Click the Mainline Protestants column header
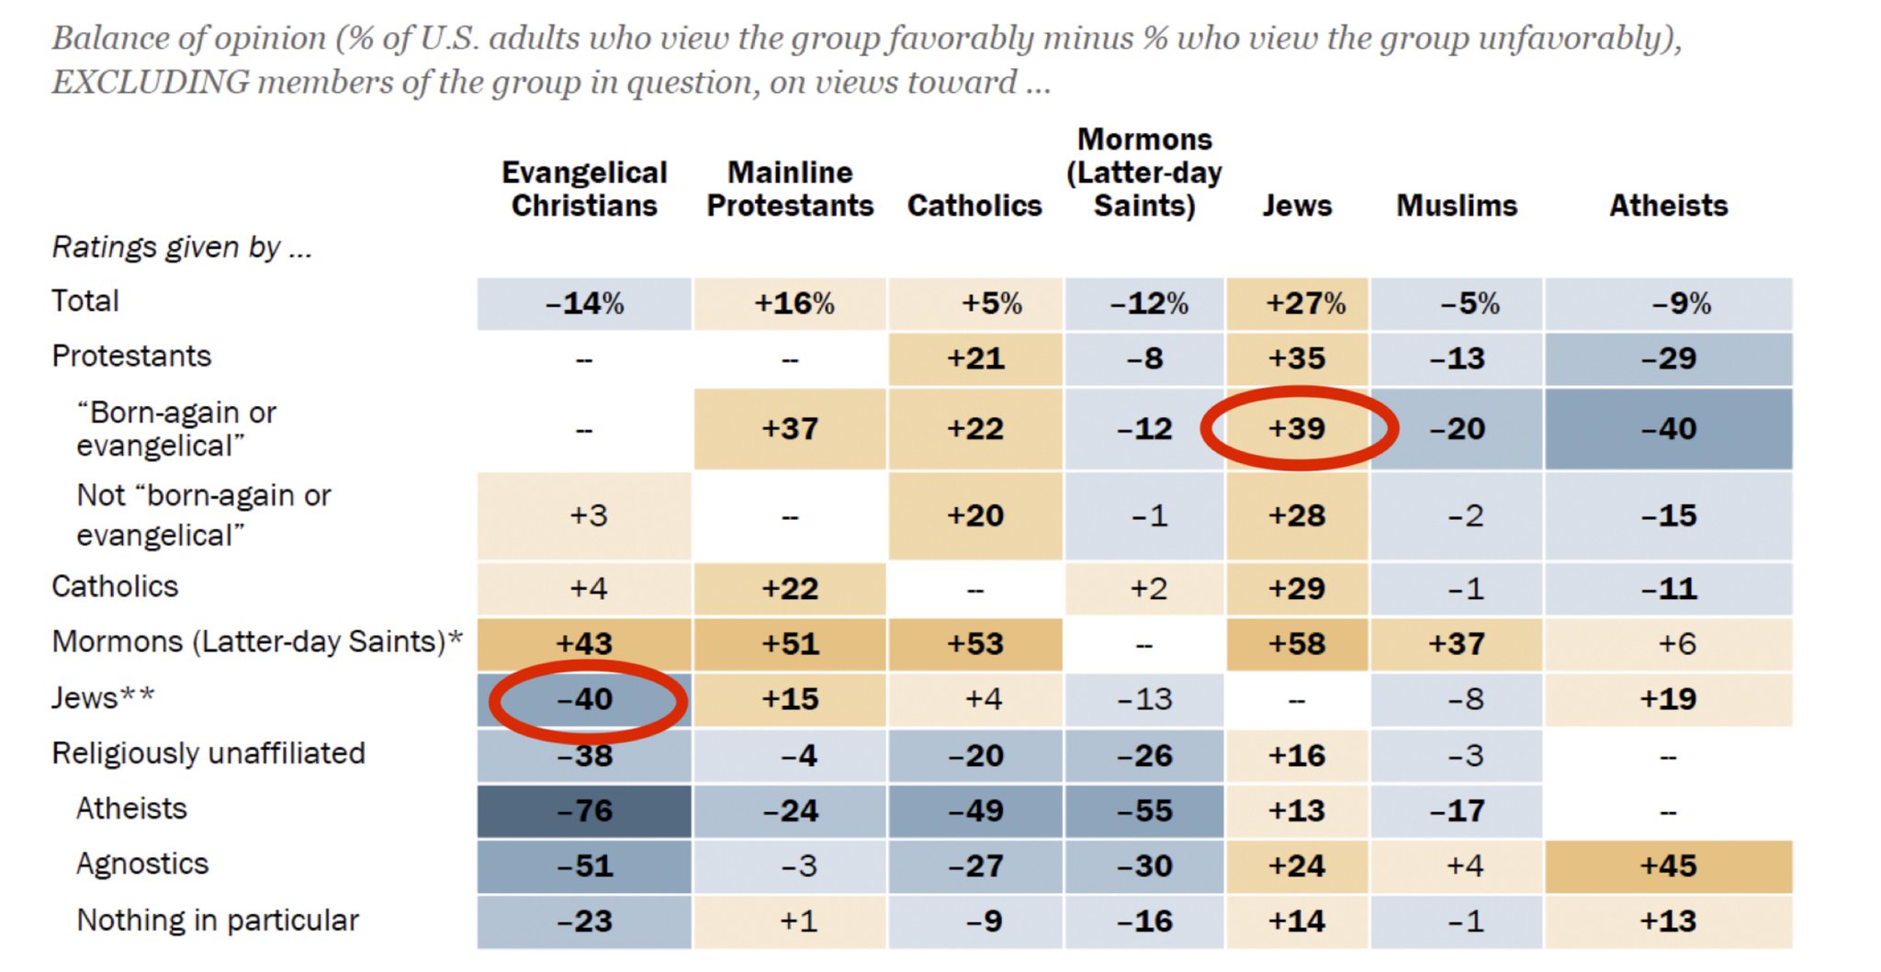tap(790, 188)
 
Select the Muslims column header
tap(1457, 205)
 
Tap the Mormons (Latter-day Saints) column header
tap(1144, 172)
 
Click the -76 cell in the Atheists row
tap(585, 810)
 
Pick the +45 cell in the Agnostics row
tap(1668, 865)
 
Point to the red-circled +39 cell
tap(1297, 428)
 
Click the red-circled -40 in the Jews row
tap(585, 699)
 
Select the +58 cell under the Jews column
tap(1297, 643)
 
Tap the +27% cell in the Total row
tap(1305, 303)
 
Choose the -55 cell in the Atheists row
tap(1144, 810)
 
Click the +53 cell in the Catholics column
tap(975, 643)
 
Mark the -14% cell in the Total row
tap(585, 303)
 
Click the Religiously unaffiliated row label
tap(208, 753)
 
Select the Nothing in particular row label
tap(218, 920)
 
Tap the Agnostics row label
tap(142, 864)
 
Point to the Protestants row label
tap(131, 356)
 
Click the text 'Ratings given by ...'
tap(182, 247)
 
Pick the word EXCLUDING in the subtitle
tap(150, 82)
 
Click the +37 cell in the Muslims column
tap(1457, 643)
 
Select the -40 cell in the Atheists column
tap(1668, 428)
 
